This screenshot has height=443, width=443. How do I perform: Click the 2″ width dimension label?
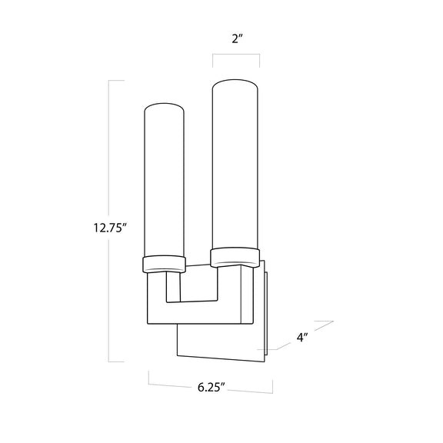pyautogui.click(x=238, y=38)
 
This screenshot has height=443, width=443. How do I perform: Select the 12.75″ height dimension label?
pyautogui.click(x=110, y=228)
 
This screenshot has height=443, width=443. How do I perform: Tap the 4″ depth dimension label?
pyautogui.click(x=302, y=338)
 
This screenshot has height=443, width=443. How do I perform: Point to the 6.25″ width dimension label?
pyautogui.click(x=212, y=388)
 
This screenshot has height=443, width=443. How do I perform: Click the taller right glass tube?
pyautogui.click(x=235, y=165)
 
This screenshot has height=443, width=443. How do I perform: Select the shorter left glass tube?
pyautogui.click(x=164, y=181)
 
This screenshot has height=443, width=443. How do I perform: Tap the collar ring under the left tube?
pyautogui.click(x=164, y=264)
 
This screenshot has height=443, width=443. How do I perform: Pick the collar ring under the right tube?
pyautogui.click(x=235, y=257)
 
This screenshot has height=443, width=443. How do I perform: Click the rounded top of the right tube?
pyautogui.click(x=235, y=82)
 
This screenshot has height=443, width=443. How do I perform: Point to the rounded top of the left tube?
pyautogui.click(x=164, y=106)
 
